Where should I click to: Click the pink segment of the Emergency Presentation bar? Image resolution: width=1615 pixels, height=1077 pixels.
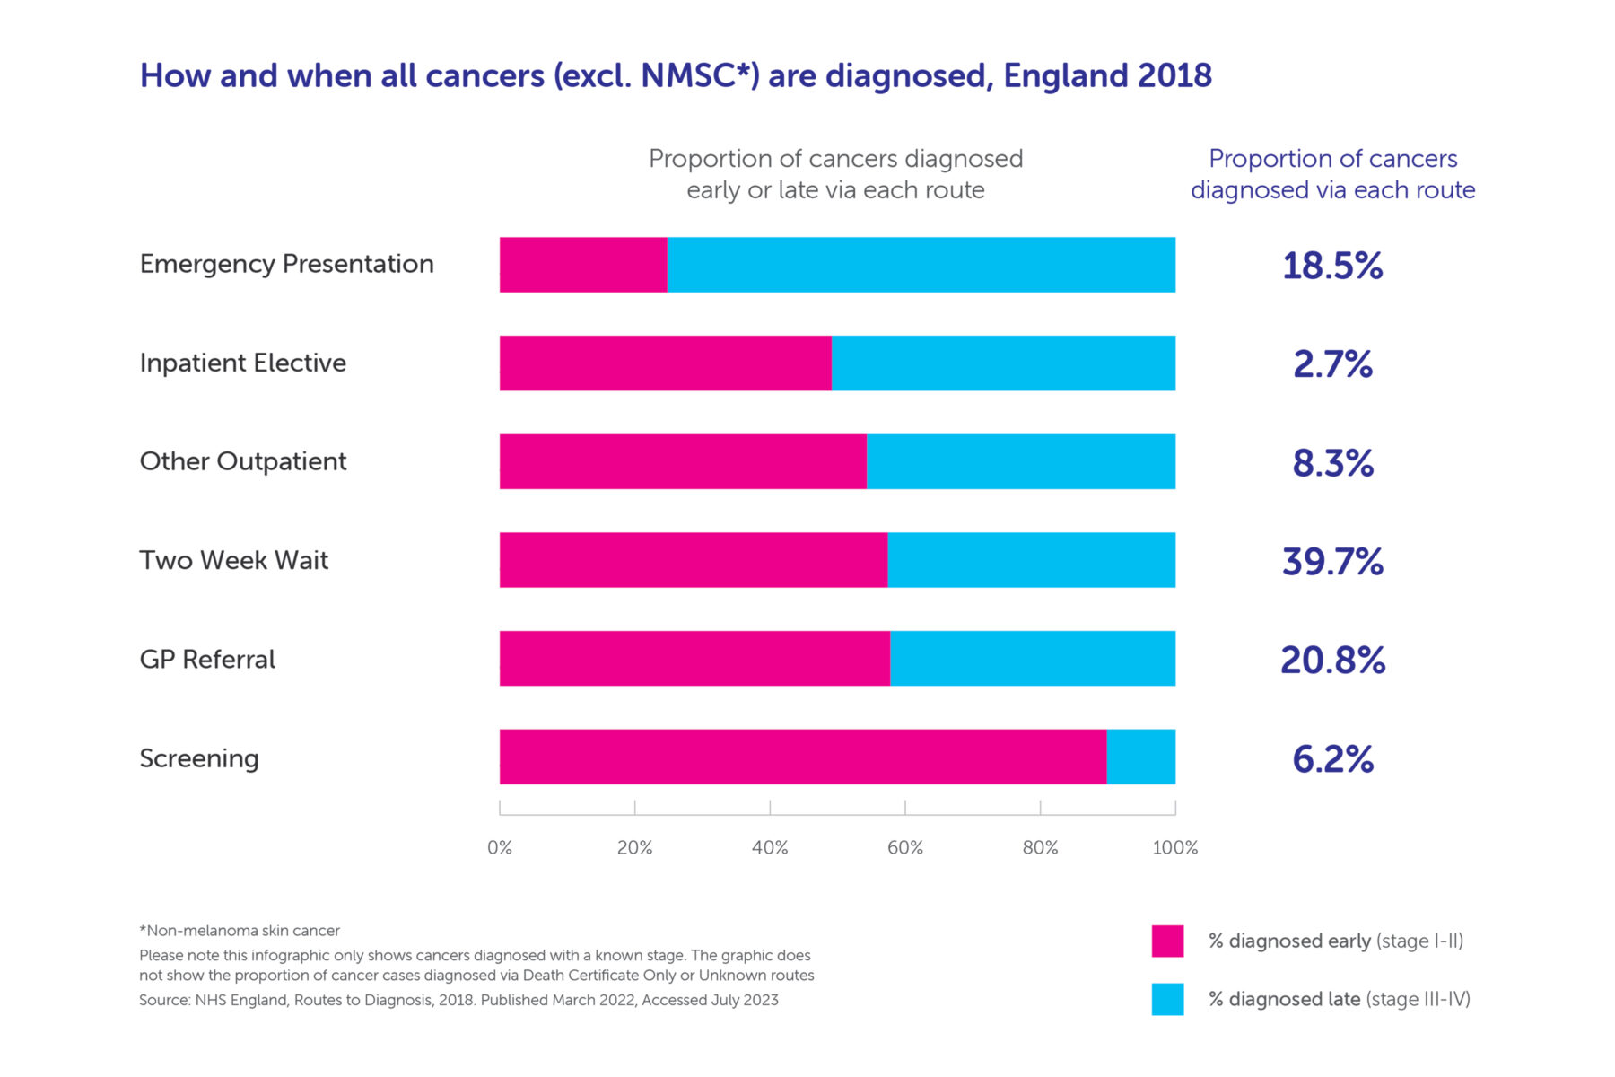coord(583,265)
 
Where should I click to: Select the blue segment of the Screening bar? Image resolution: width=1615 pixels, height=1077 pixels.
coord(1140,757)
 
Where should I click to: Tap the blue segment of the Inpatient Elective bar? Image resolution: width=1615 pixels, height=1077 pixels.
coord(1003,363)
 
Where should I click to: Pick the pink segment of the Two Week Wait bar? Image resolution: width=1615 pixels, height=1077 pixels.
coord(693,560)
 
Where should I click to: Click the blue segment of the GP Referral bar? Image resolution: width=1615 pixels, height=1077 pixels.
coord(1032,659)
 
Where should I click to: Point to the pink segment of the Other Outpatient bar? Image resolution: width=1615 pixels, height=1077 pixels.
coord(683,461)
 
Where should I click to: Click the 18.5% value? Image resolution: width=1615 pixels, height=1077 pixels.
coord(1332,266)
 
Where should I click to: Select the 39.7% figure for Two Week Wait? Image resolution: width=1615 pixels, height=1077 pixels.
coord(1332,562)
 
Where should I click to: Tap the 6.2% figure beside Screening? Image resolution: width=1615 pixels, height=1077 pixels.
coord(1332,759)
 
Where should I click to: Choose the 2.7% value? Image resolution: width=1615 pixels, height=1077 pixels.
coord(1332,364)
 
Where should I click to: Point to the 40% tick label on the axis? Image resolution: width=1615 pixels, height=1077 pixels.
coord(770,848)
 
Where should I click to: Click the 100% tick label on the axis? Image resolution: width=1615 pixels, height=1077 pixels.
coord(1174,848)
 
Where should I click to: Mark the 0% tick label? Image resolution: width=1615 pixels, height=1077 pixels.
coord(500,848)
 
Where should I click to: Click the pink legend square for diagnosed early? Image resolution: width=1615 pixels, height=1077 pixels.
coord(1167,941)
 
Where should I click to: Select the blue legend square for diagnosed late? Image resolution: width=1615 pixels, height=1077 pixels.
coord(1167,999)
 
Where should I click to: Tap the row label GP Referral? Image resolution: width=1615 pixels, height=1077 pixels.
coord(207,660)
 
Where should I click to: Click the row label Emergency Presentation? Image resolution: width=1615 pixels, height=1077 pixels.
coord(286,264)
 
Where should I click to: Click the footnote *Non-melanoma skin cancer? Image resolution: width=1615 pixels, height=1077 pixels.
coord(240,931)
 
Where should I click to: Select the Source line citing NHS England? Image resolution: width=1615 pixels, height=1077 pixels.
coord(458,1000)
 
